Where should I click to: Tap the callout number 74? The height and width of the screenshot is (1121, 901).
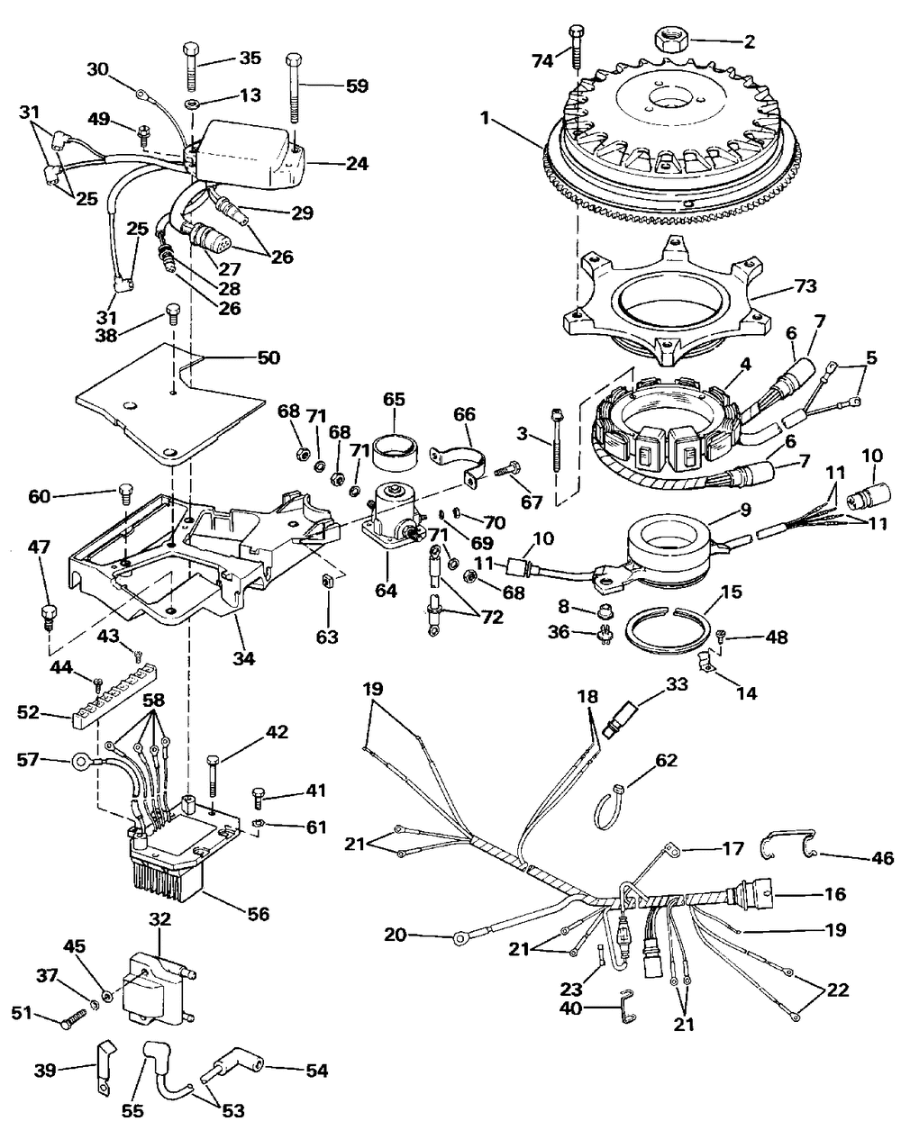(x=542, y=60)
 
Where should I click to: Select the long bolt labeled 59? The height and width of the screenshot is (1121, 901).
(x=295, y=90)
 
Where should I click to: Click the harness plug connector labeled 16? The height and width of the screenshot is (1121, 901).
(x=755, y=893)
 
